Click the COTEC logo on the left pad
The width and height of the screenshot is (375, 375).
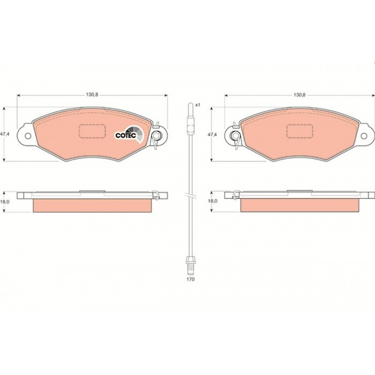pos(130,134)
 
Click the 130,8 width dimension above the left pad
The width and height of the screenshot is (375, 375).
pos(92,95)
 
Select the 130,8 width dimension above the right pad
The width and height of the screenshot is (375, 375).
pos(299,95)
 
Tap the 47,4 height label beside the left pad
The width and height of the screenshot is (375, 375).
pos(4,134)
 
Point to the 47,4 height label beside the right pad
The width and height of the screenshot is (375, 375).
pos(212,134)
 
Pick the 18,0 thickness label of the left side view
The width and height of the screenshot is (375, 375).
pos(4,201)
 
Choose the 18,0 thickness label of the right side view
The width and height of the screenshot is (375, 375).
pos(212,201)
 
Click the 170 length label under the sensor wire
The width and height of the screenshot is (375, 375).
pos(191,279)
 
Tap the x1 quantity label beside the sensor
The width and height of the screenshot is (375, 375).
pos(198,105)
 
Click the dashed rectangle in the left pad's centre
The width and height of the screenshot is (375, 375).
pos(92,131)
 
